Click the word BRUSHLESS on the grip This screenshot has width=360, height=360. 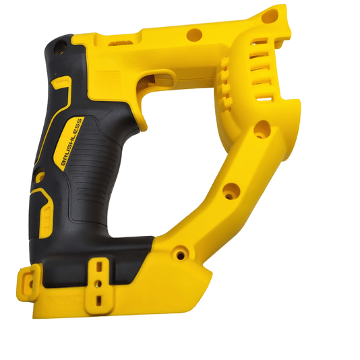[71, 142]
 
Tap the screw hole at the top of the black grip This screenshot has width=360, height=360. [61, 47]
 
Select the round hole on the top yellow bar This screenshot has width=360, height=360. [194, 35]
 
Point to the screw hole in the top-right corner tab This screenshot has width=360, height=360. [270, 16]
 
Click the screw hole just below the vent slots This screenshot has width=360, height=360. [262, 129]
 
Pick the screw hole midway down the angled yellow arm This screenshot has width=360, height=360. [231, 191]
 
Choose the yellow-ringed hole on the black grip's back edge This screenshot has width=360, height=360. [40, 176]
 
